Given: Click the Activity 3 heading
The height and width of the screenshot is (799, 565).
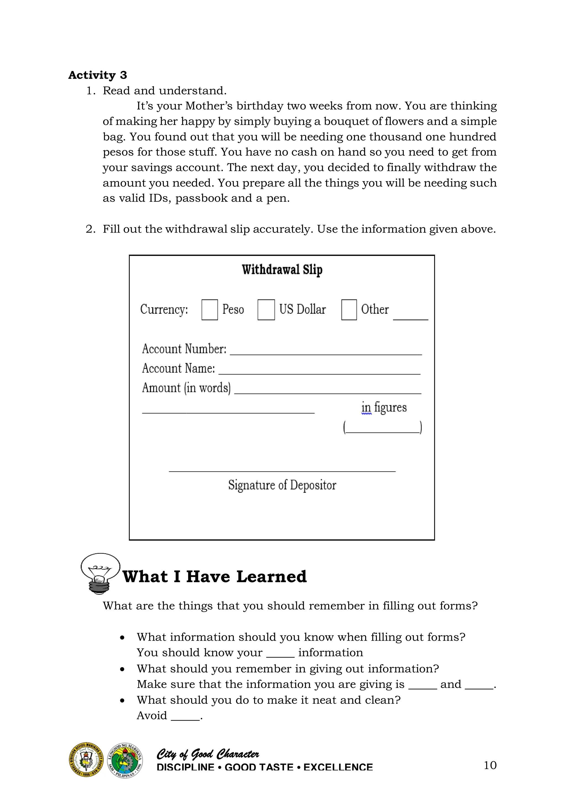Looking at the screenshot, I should [x=97, y=75].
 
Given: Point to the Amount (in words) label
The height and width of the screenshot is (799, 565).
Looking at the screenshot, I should [x=186, y=388].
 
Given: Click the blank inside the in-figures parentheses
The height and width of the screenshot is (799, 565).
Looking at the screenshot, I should [x=383, y=429].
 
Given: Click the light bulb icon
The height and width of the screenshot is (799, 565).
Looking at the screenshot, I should [x=100, y=572].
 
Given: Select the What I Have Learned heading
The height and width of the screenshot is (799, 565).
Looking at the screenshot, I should [x=215, y=577].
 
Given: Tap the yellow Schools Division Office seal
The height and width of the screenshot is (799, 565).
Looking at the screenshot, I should [x=86, y=759].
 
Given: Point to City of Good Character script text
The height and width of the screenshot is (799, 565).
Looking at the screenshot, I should [x=208, y=754].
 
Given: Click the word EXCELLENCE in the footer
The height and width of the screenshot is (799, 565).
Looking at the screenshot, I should [x=338, y=767].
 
